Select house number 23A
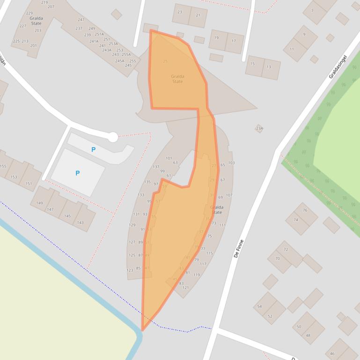click(259, 129)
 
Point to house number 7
click(312, 11)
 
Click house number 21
click(198, 15)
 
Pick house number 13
click(269, 67)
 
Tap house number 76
click(305, 210)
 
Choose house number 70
click(278, 259)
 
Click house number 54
click(259, 306)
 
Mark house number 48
click(308, 335)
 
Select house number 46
click(333, 354)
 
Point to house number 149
click(39, 203)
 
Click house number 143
click(81, 223)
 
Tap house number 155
click(3, 166)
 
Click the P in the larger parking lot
click(77, 173)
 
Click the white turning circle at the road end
click(113, 137)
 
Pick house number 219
click(44, 2)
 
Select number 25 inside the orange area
click(165, 61)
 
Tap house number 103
click(231, 163)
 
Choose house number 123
click(130, 270)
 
